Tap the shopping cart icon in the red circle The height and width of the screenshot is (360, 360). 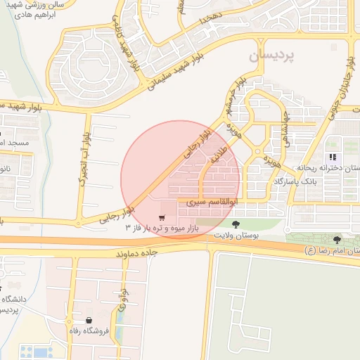[x=162, y=217]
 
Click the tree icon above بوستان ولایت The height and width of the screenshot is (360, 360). [x=235, y=224]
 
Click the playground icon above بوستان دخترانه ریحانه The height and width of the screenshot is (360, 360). [x=331, y=156]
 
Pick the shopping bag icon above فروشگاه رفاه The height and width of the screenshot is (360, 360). [x=89, y=319]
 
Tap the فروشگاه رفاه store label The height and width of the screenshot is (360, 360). [x=83, y=330]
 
